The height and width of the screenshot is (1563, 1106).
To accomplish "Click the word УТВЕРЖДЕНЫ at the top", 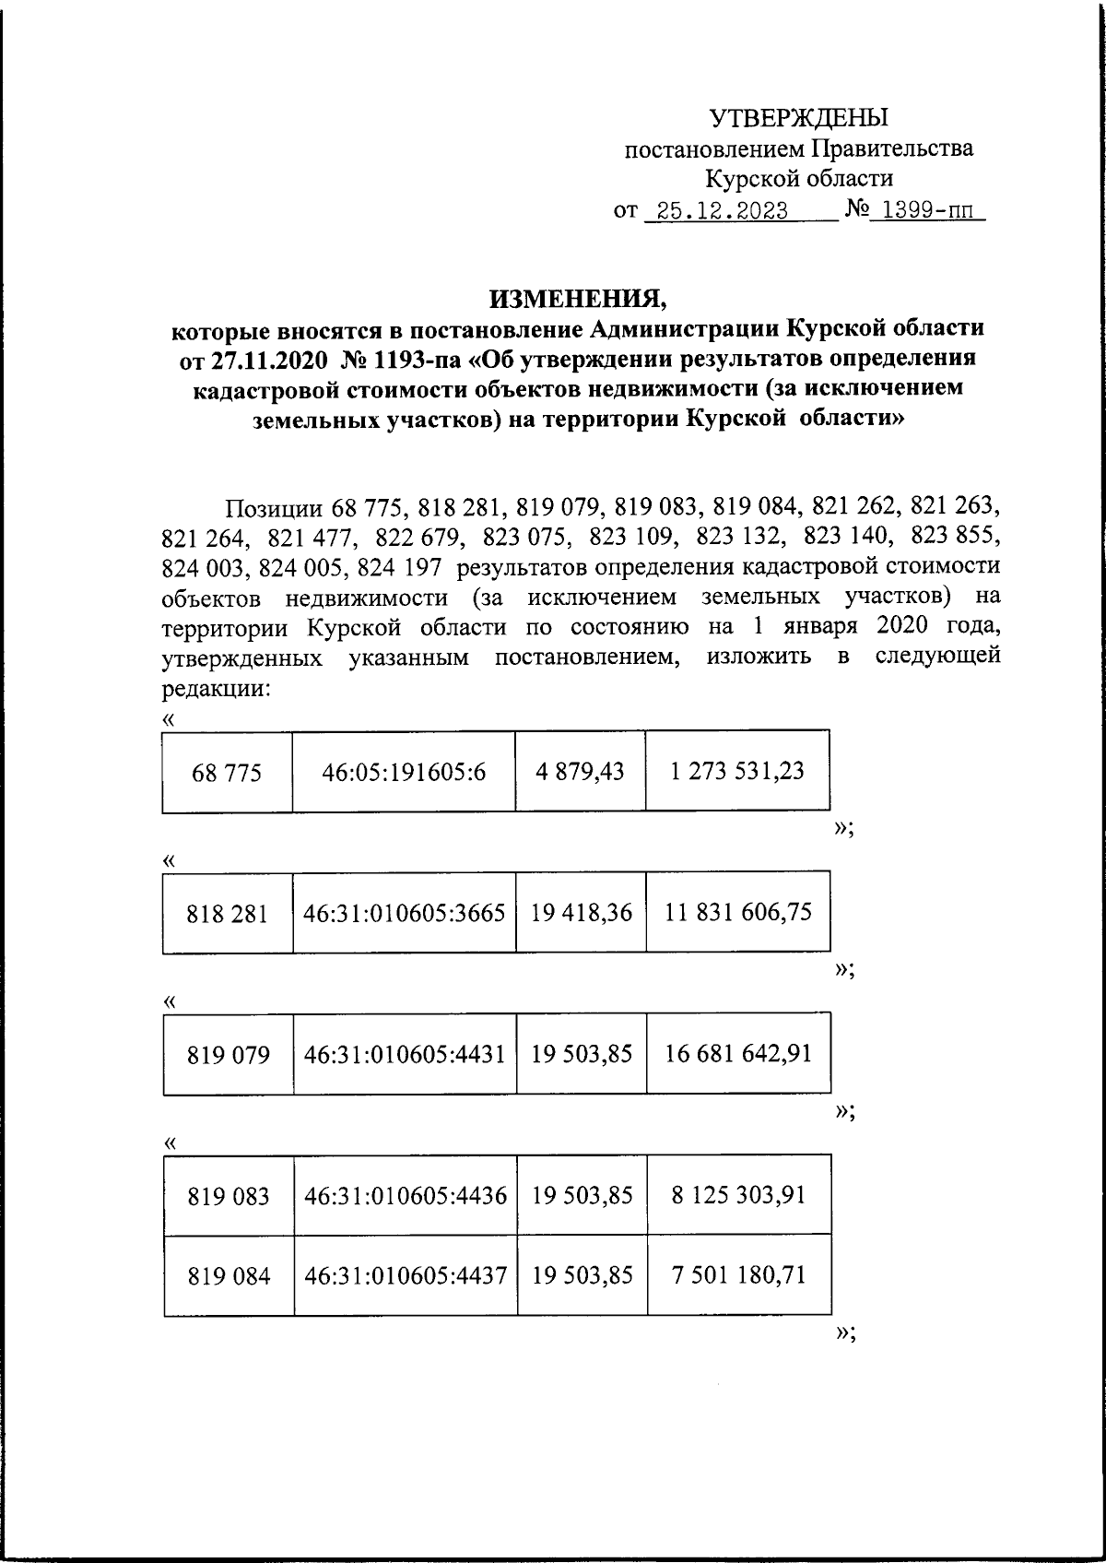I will point(798,117).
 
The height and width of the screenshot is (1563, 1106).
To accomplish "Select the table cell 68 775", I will point(227,772).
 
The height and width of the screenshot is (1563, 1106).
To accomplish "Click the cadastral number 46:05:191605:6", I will point(404,772).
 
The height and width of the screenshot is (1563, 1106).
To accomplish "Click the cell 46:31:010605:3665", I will point(405,913).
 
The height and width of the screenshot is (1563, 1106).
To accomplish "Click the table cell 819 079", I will point(229,1054).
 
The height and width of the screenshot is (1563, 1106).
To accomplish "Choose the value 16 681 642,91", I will point(739,1053).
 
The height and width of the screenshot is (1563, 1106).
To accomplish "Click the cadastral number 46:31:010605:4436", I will point(406,1196).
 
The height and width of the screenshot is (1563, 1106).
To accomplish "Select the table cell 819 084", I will point(229,1276).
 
